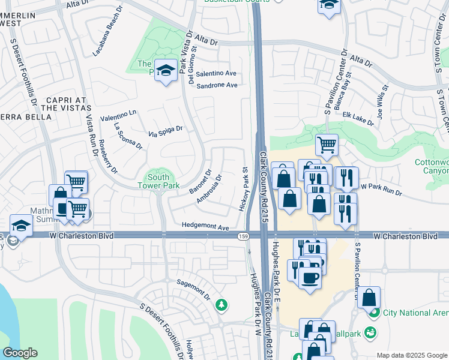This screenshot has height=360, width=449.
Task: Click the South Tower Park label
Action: [158, 182]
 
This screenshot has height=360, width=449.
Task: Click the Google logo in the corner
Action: [20, 353]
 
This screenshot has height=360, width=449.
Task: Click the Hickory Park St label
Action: [244, 189]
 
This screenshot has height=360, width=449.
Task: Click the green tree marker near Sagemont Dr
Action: [222, 305]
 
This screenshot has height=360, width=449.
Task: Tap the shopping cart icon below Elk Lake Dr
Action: [327, 144]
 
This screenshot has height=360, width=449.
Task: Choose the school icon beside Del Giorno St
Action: [166, 70]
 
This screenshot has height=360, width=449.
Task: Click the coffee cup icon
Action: [310, 277]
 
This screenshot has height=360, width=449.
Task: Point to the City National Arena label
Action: [414, 313]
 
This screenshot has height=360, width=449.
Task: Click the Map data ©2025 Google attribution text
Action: [411, 355]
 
